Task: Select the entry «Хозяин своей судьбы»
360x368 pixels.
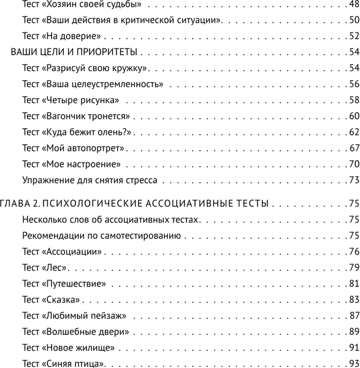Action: click(92, 4)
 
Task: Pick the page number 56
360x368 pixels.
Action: click(353, 84)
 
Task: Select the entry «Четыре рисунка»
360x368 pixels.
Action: click(80, 100)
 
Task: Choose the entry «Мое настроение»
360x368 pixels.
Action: click(80, 164)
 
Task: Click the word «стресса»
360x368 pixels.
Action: click(141, 180)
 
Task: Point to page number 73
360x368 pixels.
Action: click(353, 180)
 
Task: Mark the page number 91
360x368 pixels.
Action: click(353, 348)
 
